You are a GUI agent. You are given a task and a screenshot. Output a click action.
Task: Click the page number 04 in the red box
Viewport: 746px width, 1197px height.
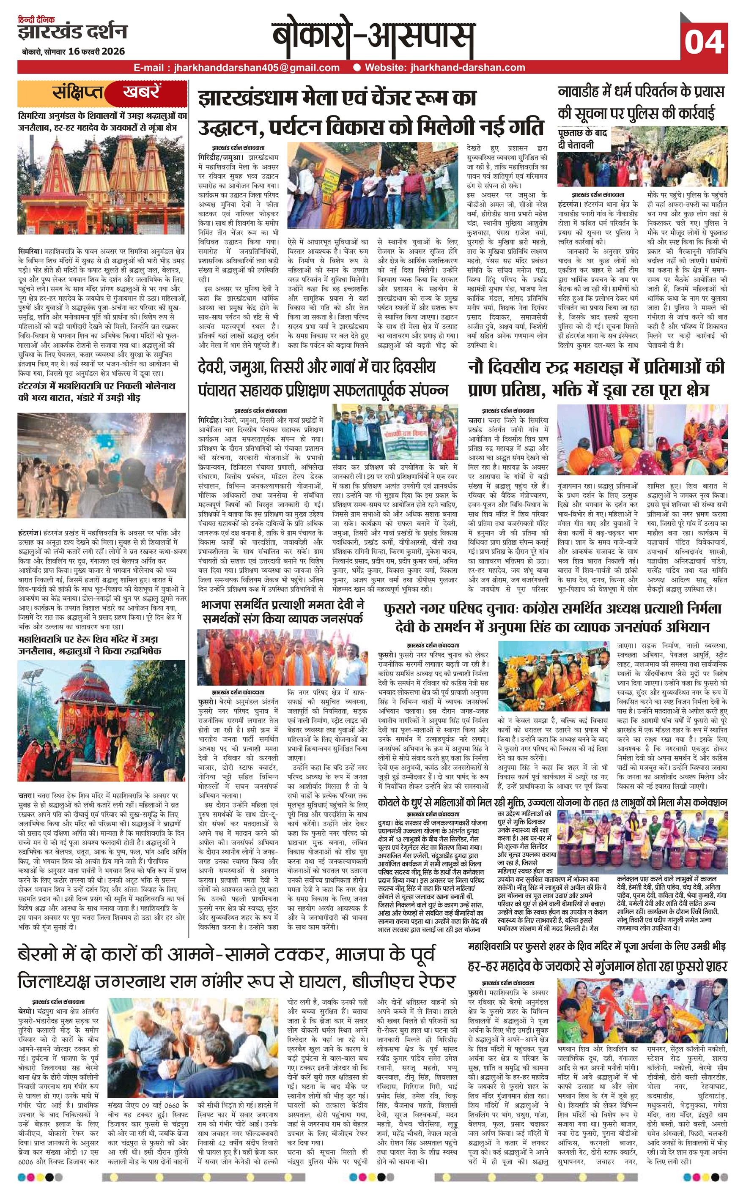704,42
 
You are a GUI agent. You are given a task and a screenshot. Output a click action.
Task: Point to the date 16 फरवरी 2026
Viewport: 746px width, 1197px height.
97,52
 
